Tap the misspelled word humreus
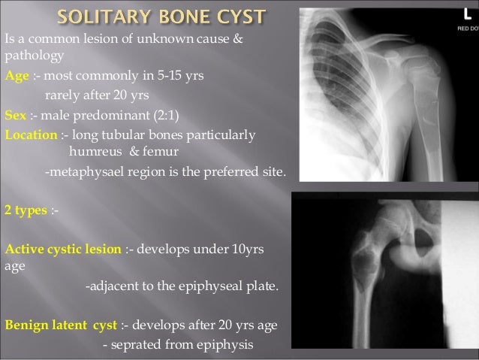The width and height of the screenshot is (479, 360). tap(93, 153)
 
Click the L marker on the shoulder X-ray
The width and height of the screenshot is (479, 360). tap(465, 17)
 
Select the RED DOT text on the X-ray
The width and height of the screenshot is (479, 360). tap(465, 29)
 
